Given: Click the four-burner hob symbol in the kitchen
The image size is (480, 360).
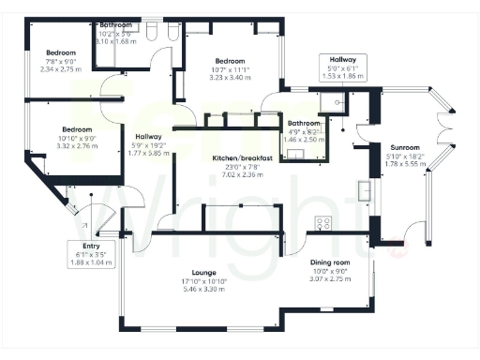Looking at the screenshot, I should (323, 223).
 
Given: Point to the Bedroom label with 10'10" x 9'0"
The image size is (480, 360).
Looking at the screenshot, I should (77, 129).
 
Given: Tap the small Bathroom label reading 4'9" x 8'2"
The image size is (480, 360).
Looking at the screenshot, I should (305, 123).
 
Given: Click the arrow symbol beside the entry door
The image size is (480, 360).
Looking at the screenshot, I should (83, 225).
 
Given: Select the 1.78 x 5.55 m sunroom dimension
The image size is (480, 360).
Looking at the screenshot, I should (405, 164).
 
